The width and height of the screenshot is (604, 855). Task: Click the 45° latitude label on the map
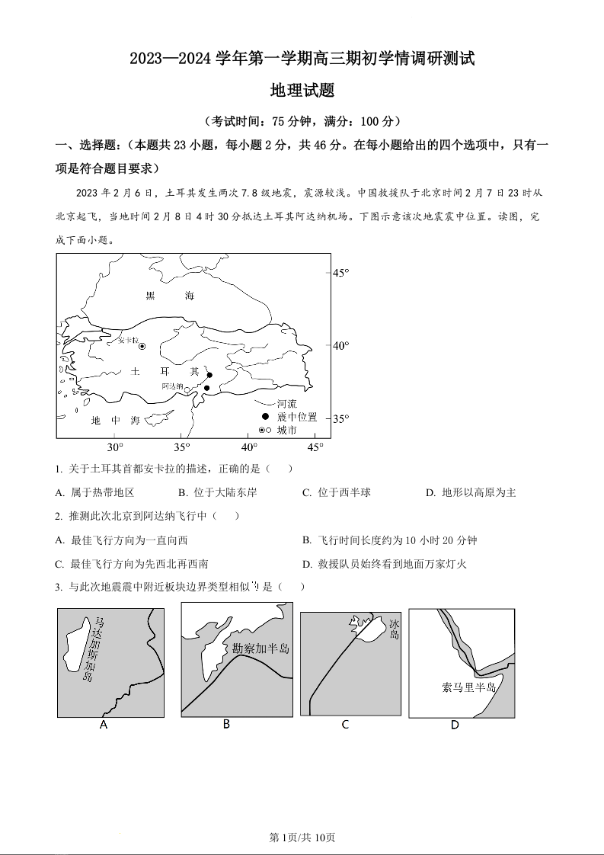[340, 272]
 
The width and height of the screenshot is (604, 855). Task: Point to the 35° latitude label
[340, 418]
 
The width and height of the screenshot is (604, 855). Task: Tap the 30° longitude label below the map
[114, 447]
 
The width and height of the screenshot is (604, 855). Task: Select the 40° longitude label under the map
[249, 447]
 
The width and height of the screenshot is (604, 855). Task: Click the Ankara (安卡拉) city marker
[142, 347]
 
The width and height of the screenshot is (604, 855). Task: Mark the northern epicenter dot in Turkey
[209, 375]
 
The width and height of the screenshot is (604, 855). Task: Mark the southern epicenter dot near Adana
[206, 388]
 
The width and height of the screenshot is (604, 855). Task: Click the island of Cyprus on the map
[159, 418]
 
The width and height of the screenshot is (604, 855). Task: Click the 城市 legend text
[287, 431]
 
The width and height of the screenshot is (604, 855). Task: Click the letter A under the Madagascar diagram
[104, 725]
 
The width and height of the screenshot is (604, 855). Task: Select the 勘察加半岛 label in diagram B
[261, 648]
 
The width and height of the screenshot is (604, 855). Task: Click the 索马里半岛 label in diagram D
[469, 687]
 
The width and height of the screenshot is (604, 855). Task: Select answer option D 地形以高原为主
[471, 493]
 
